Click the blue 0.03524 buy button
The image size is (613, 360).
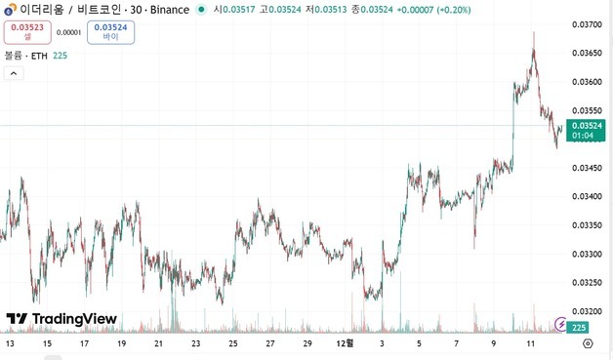coord(110,32)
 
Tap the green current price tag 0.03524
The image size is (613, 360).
coord(586,130)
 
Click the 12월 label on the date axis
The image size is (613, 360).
coord(344,343)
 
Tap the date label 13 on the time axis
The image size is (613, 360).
coord(10,343)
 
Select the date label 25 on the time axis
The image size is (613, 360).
coord(232,343)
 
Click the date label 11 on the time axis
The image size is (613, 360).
coord(530,343)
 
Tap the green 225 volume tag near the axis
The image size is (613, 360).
coord(579,328)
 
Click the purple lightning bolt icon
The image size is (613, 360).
coord(560,323)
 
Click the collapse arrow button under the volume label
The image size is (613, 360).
coord(14,73)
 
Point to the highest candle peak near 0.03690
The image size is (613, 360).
coord(533,32)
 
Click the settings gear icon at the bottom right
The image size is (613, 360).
coord(588,343)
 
